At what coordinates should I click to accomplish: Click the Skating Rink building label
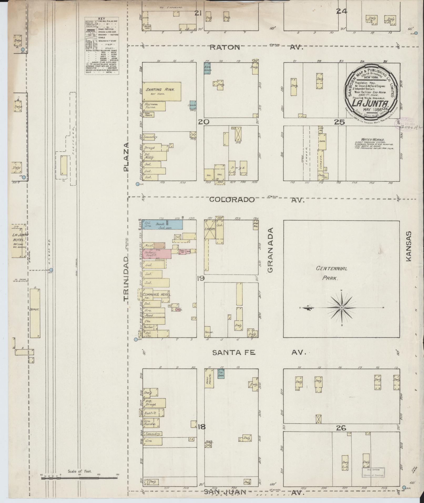coord(159,90)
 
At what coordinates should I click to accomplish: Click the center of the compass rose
coord(341,308)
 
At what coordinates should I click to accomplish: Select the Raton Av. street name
coord(225,47)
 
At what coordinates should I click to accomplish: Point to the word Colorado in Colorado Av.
coord(232,200)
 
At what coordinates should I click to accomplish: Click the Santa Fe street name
coord(234,353)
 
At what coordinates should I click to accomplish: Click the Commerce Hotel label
coord(157,295)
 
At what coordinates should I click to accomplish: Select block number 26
coord(341,428)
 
